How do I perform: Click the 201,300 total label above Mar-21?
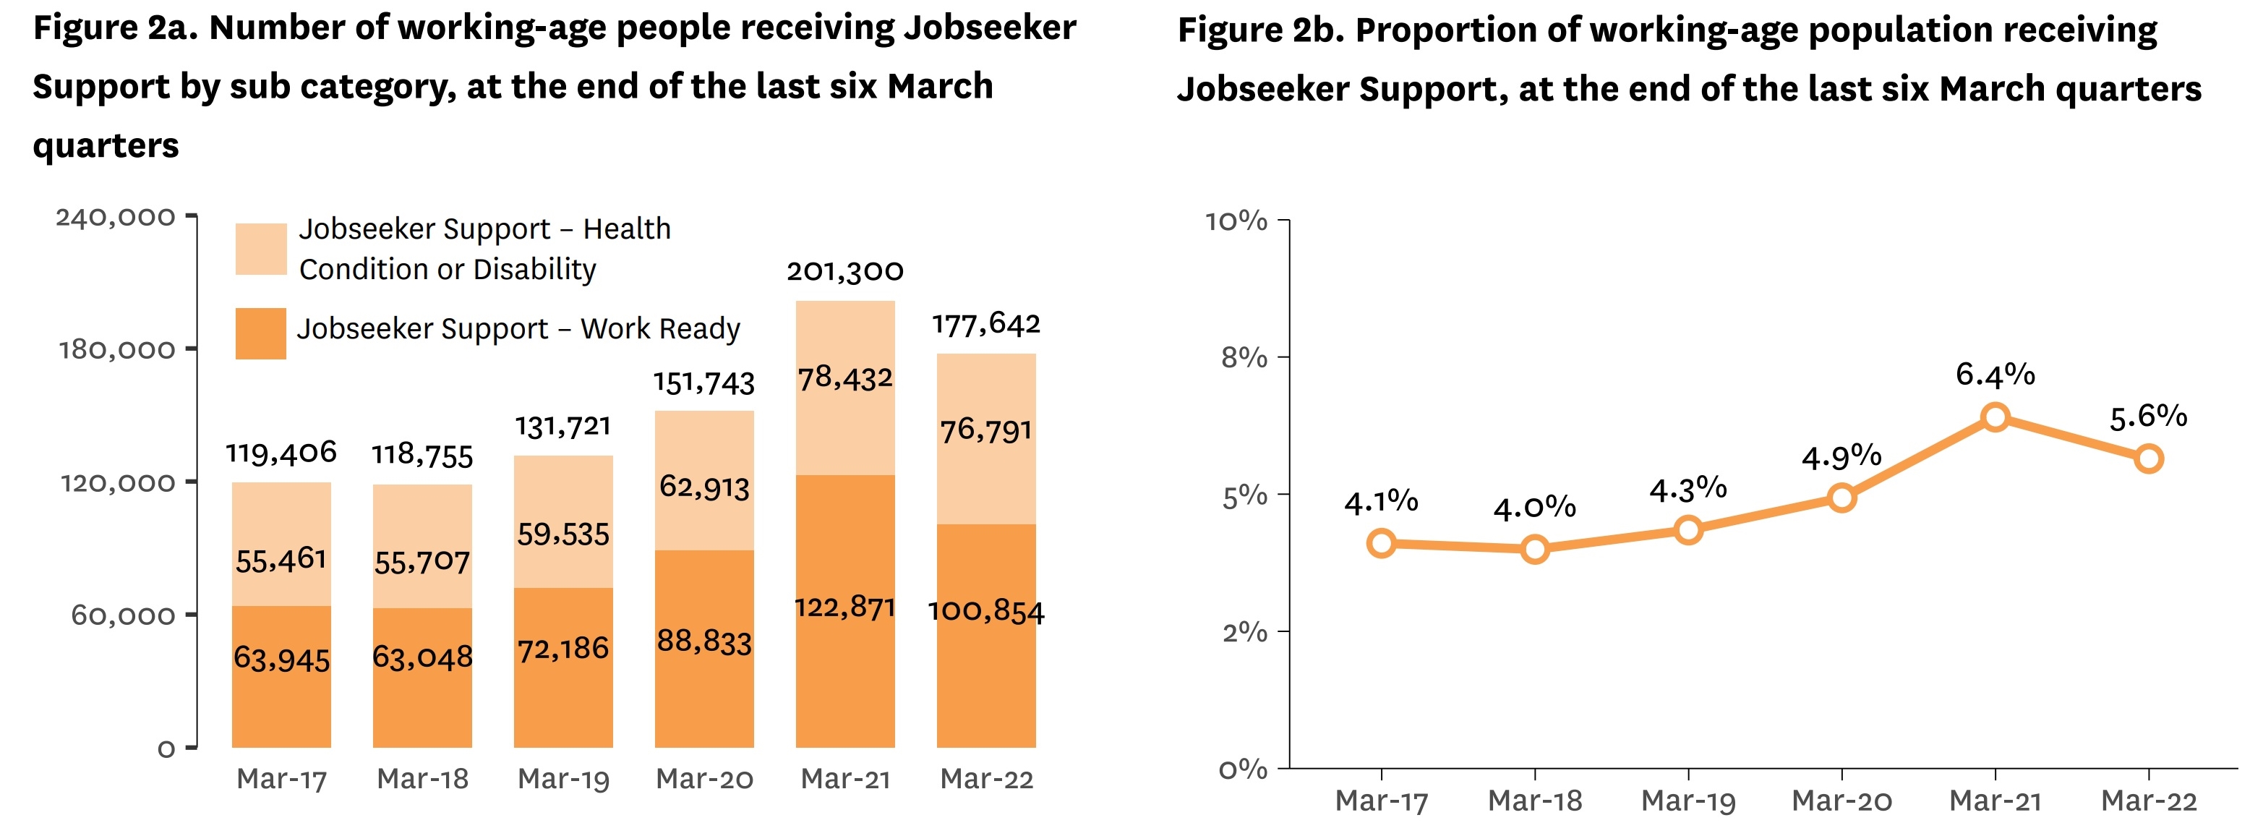(x=844, y=270)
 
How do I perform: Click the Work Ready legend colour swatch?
(x=261, y=333)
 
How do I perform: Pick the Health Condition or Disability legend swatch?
(x=261, y=249)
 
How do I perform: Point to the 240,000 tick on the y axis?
(x=116, y=217)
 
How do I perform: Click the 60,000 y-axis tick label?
(x=123, y=615)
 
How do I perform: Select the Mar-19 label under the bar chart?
(x=563, y=779)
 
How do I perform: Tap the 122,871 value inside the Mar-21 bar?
(x=844, y=607)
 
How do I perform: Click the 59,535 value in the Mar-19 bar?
(x=563, y=534)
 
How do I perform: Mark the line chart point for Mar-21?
(x=1995, y=417)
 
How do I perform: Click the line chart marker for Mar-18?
(x=1535, y=550)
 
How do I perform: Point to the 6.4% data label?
(x=1994, y=375)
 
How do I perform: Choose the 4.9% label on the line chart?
(x=1841, y=456)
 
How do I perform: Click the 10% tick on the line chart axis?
(x=1236, y=221)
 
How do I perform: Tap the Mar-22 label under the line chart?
(x=2148, y=801)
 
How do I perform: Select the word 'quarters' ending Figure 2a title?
(x=106, y=145)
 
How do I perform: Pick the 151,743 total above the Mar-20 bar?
(x=703, y=383)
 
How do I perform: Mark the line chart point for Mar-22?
(x=2149, y=458)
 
